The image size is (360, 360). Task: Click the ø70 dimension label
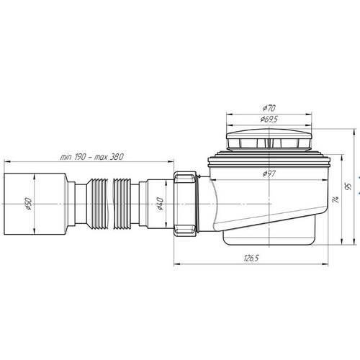[x=269, y=108]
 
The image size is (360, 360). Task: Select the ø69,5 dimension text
[x=269, y=119]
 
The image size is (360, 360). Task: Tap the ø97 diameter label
[x=269, y=174]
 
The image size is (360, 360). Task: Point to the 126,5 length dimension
[x=251, y=258]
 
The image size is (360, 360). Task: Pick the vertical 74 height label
[x=336, y=199]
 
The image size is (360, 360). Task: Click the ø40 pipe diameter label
[x=160, y=204]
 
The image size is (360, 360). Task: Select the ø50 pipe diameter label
[x=28, y=204]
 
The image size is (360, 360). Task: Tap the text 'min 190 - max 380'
[x=91, y=157]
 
